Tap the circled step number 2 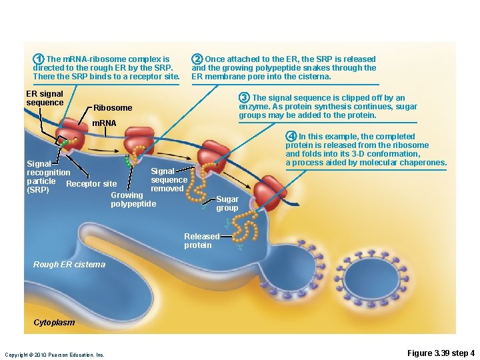(x=197, y=59)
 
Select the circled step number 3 (x=245, y=98)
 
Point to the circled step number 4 (x=291, y=137)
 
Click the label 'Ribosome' (x=113, y=108)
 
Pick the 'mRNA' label (x=103, y=123)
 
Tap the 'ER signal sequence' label (x=44, y=99)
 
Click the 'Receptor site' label (x=92, y=184)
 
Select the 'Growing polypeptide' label (x=133, y=199)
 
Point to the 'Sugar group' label (x=227, y=203)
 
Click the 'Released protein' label (x=202, y=241)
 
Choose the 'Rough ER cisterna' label (x=69, y=265)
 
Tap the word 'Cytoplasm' (x=54, y=323)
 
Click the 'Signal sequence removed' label (x=169, y=180)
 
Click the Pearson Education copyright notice (x=54, y=355)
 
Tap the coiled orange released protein (x=246, y=230)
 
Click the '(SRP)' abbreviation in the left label (x=37, y=190)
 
